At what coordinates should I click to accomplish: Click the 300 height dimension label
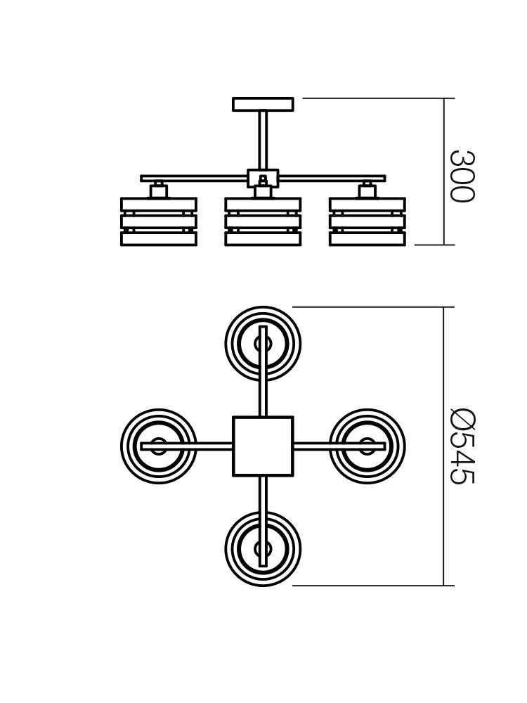click(462, 176)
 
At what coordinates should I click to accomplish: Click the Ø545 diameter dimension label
click(462, 446)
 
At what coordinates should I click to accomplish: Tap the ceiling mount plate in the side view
click(263, 104)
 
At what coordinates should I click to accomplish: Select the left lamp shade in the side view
click(159, 221)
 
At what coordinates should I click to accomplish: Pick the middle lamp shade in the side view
click(263, 221)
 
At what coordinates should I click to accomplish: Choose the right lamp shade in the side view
click(367, 221)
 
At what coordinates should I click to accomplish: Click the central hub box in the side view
click(263, 178)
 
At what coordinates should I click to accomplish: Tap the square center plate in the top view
click(263, 446)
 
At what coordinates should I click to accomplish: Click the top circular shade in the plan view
click(263, 344)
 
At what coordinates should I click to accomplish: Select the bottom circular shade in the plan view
click(263, 549)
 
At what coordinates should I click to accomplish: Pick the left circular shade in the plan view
click(159, 446)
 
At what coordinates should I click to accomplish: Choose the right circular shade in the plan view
click(367, 446)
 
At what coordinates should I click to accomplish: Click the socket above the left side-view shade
click(158, 191)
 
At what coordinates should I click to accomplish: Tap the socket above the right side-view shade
click(367, 191)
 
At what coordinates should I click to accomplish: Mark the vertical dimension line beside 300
click(444, 172)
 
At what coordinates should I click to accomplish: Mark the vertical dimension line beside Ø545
click(443, 446)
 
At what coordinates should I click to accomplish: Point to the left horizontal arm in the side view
click(194, 178)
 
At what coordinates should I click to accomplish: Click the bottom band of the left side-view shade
click(159, 238)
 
